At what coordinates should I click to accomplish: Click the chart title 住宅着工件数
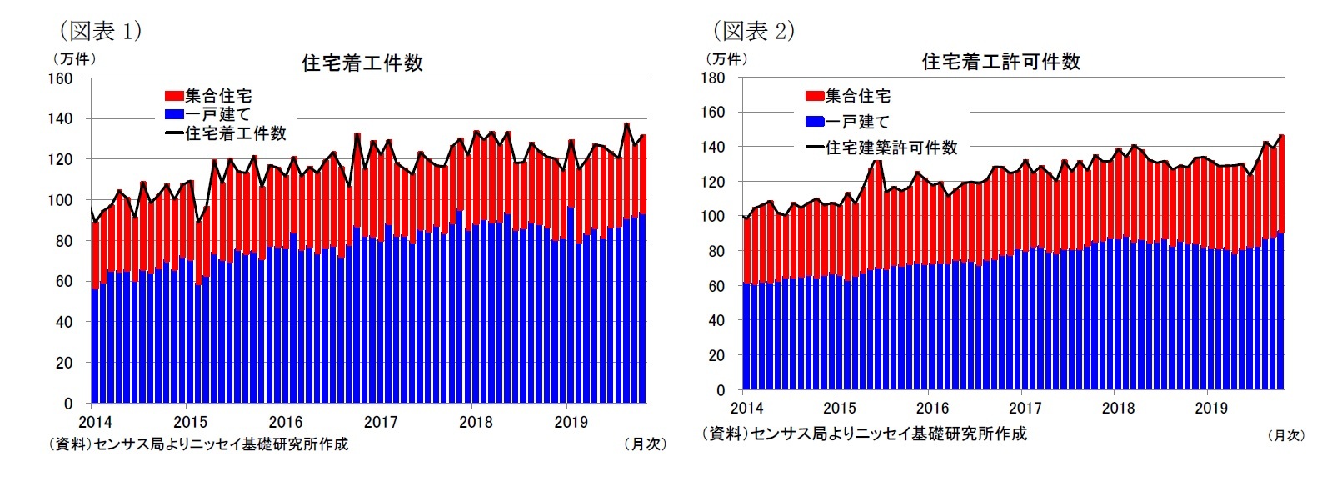click(x=362, y=63)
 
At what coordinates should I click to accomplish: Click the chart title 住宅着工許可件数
click(x=1000, y=62)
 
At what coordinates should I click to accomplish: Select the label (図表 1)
click(x=100, y=31)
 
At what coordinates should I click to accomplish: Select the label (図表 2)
click(x=753, y=31)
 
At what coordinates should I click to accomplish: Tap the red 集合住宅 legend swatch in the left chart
click(x=174, y=96)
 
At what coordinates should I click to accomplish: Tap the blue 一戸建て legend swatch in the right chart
click(x=815, y=122)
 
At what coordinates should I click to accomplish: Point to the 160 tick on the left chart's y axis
click(x=63, y=78)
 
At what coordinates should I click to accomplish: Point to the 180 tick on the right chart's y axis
click(x=714, y=78)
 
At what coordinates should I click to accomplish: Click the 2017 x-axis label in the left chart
click(x=381, y=422)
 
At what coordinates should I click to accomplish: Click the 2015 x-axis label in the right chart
click(x=839, y=408)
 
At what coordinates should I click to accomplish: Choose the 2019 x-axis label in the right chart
click(x=1210, y=408)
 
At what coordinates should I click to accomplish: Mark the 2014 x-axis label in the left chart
click(x=95, y=422)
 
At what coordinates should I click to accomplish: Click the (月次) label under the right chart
click(x=1285, y=435)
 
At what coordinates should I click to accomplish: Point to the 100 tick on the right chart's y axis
click(x=714, y=217)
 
